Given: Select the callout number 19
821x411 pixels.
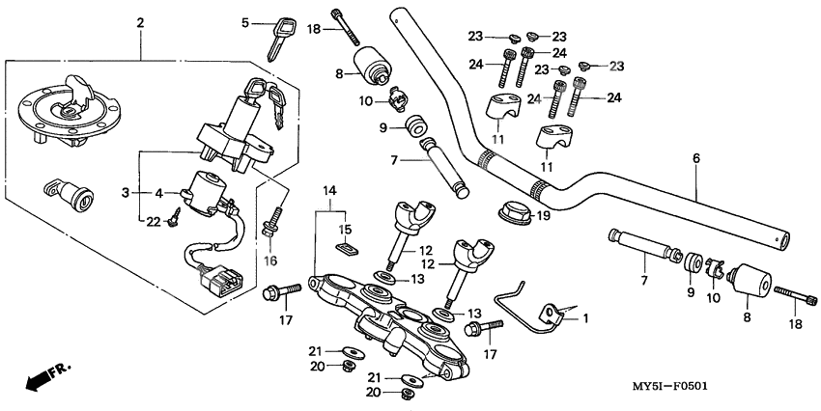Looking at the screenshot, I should click(x=543, y=216).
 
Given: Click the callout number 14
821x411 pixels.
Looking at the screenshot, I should click(x=328, y=189).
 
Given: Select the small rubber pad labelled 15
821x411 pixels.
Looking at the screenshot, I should click(x=345, y=250).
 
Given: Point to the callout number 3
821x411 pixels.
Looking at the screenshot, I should click(x=125, y=192).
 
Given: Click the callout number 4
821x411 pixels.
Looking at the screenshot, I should click(x=160, y=192).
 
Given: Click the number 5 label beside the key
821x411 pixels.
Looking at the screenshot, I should click(x=245, y=21).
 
